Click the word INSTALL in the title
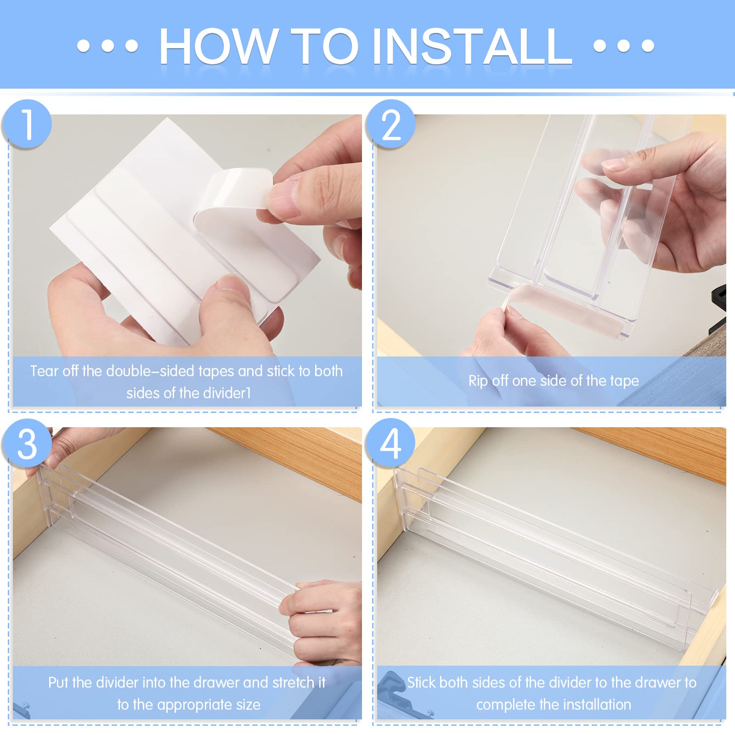472,46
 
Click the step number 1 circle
27,124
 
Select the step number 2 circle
390,124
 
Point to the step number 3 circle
27,444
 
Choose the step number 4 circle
390,444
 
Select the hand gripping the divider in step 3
322,620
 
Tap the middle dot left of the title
108,46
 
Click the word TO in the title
324,46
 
